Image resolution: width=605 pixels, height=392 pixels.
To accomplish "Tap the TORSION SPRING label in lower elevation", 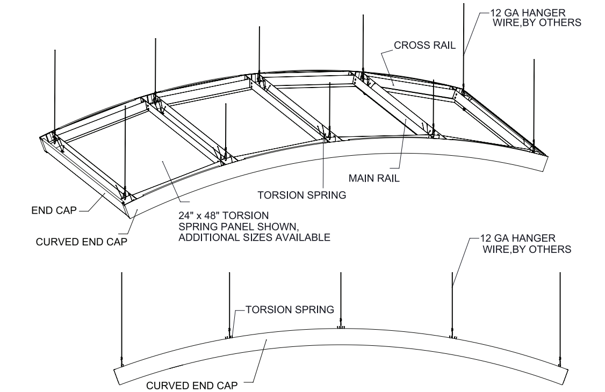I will pyautogui.click(x=290, y=310).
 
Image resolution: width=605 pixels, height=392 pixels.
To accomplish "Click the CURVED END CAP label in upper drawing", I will pyautogui.click(x=81, y=242).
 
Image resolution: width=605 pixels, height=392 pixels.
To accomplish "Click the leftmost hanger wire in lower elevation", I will pyautogui.click(x=121, y=317).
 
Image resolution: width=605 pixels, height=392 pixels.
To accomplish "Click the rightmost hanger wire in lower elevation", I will pyautogui.click(x=560, y=317).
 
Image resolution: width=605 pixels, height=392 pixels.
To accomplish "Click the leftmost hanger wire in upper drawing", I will pyautogui.click(x=55, y=91).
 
